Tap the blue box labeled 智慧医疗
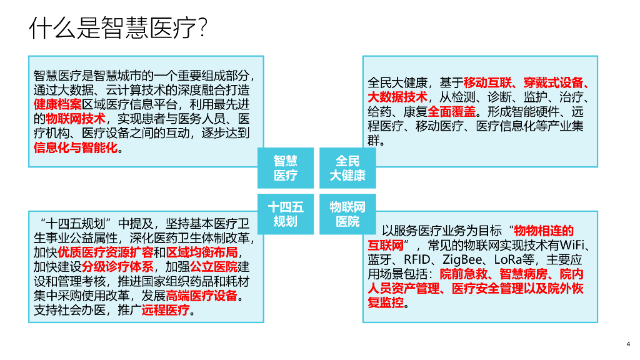point(286,167)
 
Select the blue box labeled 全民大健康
point(347,167)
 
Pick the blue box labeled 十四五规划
point(286,213)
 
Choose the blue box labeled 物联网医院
point(347,213)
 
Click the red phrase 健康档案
point(57,104)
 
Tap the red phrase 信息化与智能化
point(75,149)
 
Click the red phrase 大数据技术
point(397,97)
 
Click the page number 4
point(627,343)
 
